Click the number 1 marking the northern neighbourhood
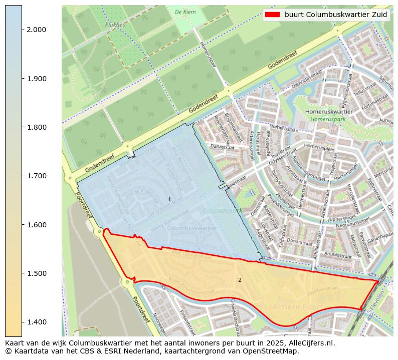coord(169,200)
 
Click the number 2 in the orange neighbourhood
coord(240,280)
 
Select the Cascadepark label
coord(223,211)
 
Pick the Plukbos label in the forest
coord(115,25)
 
